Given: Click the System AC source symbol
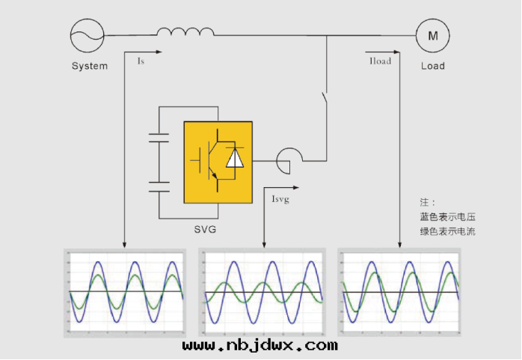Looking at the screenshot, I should point(87,34).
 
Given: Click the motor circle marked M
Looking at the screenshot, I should point(432,34).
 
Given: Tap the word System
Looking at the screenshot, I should point(90,66).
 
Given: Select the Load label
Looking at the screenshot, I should point(432,66).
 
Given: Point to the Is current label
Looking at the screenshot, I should point(141,61).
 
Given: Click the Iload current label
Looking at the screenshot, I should point(381,61).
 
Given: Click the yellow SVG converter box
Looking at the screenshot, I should point(218,162).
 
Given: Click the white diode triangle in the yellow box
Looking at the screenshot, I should point(235,159).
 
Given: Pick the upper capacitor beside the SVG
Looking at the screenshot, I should point(159,137).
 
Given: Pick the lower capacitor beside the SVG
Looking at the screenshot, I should point(159,186).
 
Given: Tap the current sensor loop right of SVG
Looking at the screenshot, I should point(288,158).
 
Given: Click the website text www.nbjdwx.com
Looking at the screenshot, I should point(260,346).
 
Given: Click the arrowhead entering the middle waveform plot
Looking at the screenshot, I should point(265,244).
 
